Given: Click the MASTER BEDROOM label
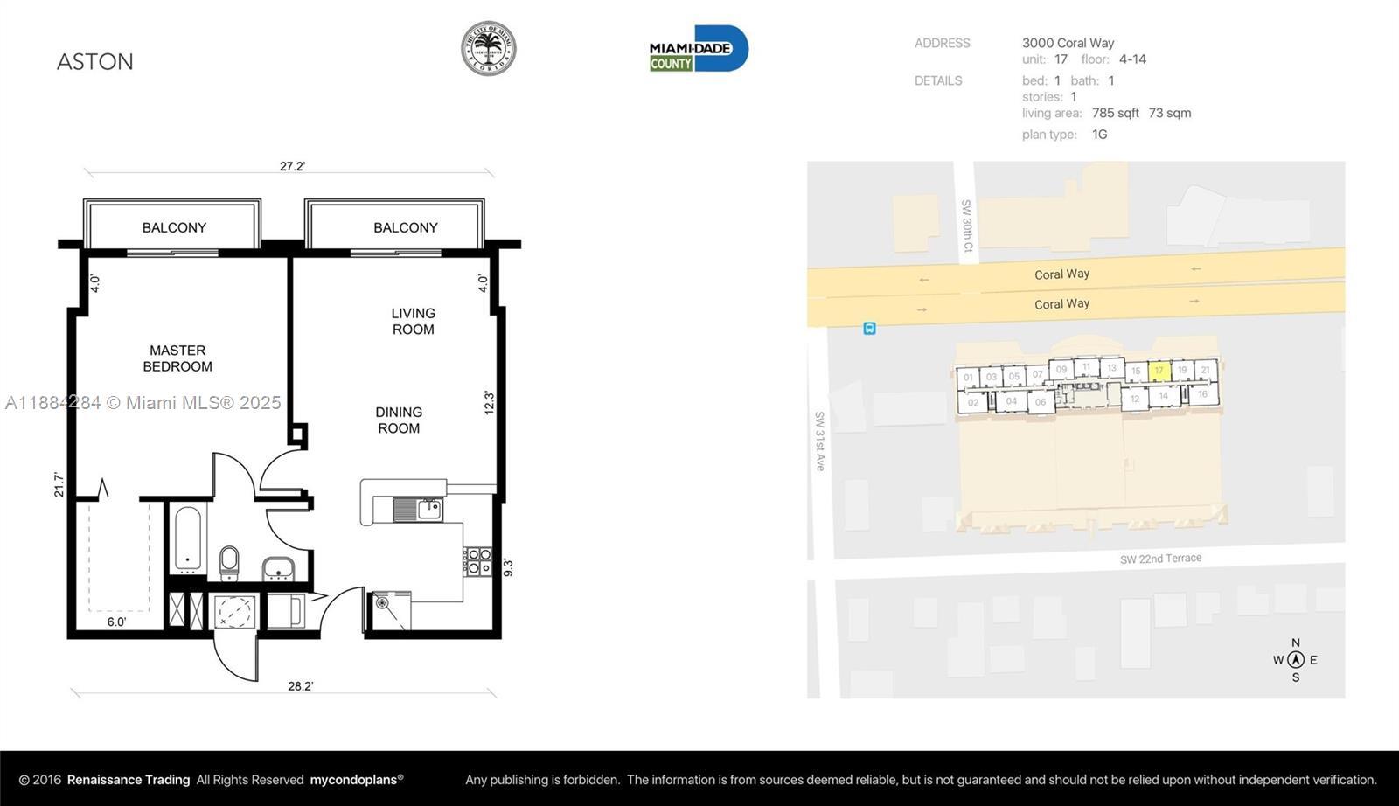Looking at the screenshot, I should [177, 358].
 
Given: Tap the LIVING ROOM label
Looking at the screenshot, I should [413, 321].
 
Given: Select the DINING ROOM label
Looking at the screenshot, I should [399, 420].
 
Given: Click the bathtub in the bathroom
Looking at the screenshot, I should [188, 538].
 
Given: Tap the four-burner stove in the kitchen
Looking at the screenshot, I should [477, 561].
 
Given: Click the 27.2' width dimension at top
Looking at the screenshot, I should [292, 166].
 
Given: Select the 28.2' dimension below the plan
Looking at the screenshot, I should [300, 686].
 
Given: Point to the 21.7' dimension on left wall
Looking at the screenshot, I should [59, 484].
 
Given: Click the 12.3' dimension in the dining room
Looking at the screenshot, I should [489, 402].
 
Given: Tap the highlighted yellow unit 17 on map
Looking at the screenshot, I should [1159, 371].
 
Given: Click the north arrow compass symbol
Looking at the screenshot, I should [1296, 660].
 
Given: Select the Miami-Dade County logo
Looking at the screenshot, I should [699, 49].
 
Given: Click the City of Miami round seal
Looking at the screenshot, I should [488, 49].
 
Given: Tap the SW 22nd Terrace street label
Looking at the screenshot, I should [1160, 559].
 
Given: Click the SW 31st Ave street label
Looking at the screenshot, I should [819, 441].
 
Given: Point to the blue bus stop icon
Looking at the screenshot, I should [869, 329].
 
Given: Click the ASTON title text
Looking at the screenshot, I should [95, 62].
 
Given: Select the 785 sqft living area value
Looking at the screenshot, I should [1115, 113].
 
